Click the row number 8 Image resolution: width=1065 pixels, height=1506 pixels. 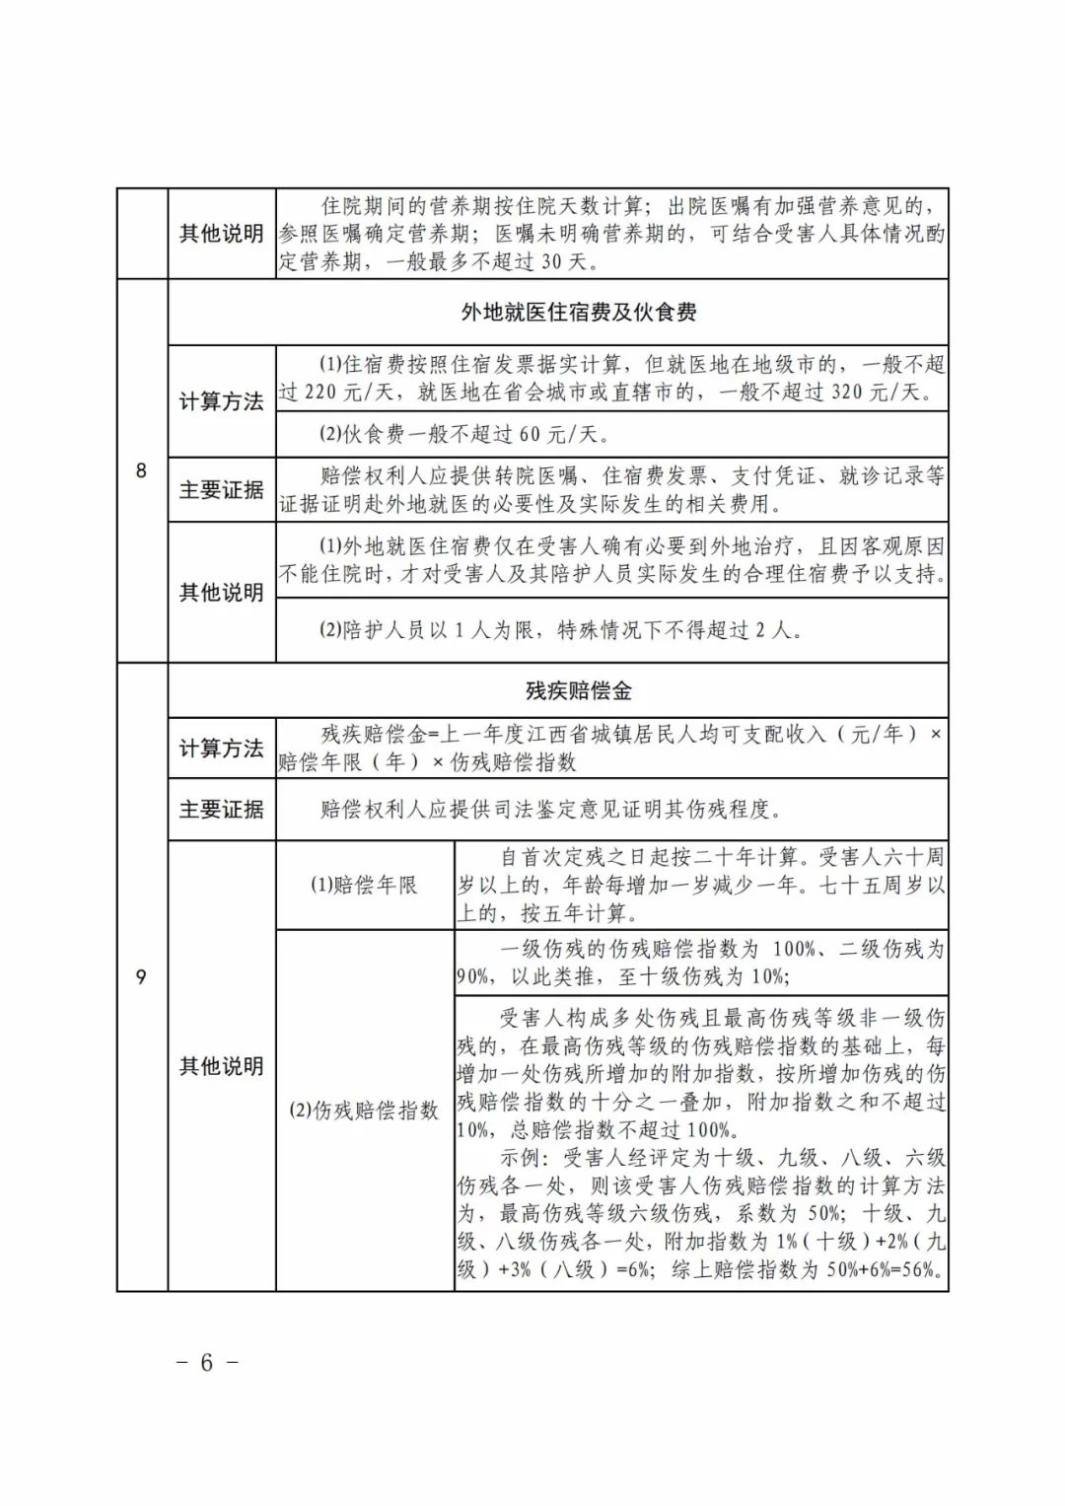141,470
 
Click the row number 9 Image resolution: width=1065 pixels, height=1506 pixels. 141,976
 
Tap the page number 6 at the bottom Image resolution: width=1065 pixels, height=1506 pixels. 206,1362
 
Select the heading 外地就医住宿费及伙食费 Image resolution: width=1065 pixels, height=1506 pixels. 579,313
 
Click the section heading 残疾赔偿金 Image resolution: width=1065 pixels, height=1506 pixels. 579,690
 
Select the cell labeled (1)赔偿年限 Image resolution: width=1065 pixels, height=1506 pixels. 365,885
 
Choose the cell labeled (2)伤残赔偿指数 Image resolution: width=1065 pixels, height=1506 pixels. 364,1111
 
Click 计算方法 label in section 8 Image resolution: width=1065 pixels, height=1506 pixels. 221,401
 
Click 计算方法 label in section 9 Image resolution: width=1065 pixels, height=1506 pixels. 221,749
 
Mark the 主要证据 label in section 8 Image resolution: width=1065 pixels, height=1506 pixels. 221,489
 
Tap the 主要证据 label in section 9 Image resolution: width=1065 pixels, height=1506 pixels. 221,810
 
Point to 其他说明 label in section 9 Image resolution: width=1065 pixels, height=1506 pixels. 221,1066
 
